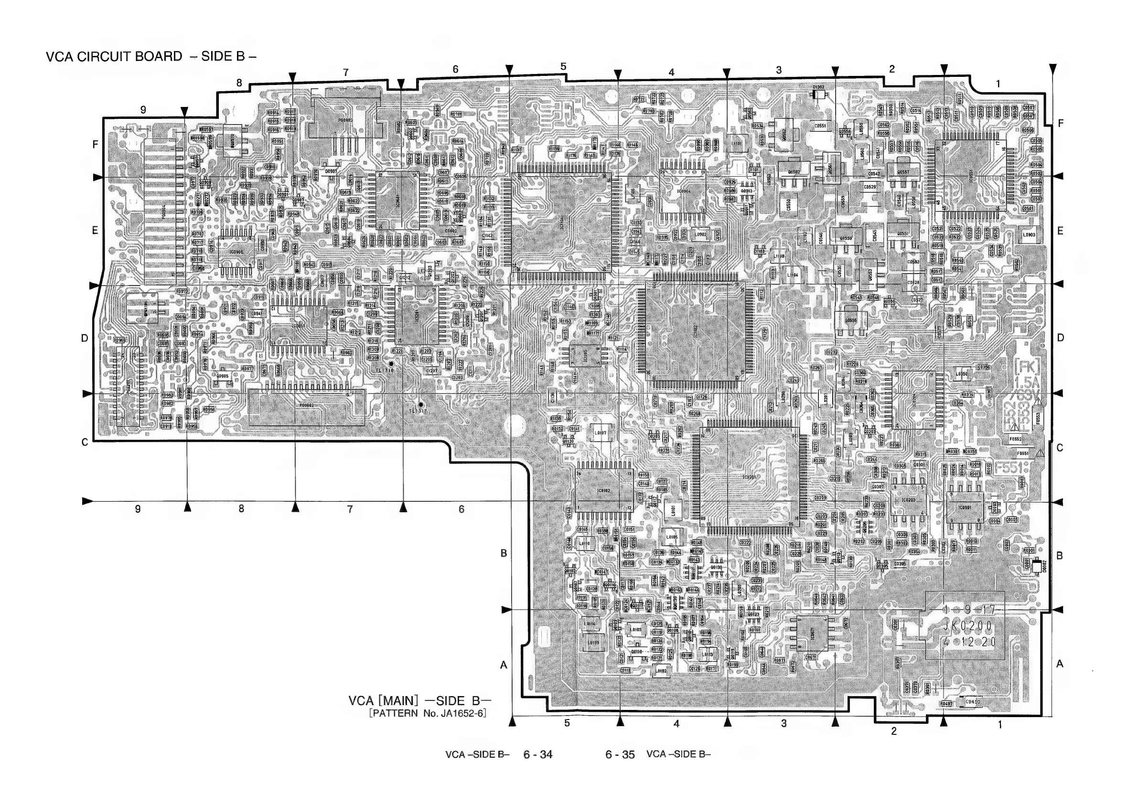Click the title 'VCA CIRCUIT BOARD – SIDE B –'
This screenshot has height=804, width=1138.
pyautogui.click(x=151, y=56)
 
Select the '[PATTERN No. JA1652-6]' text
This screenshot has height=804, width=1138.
pyautogui.click(x=427, y=713)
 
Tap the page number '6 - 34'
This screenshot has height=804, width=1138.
pyautogui.click(x=538, y=754)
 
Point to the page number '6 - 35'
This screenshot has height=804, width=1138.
pyautogui.click(x=620, y=754)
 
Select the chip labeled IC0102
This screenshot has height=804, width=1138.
pyautogui.click(x=604, y=490)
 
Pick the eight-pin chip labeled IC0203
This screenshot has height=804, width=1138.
pyautogui.click(x=909, y=500)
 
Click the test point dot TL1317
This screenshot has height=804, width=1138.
pyautogui.click(x=421, y=405)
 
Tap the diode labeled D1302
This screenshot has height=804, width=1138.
pyautogui.click(x=818, y=94)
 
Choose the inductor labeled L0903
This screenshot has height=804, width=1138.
pyautogui.click(x=1029, y=235)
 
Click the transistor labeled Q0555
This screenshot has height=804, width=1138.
pyautogui.click(x=850, y=320)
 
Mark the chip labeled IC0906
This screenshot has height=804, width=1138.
pyautogui.click(x=237, y=252)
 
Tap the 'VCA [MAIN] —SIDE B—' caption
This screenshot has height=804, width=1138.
pyautogui.click(x=419, y=700)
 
